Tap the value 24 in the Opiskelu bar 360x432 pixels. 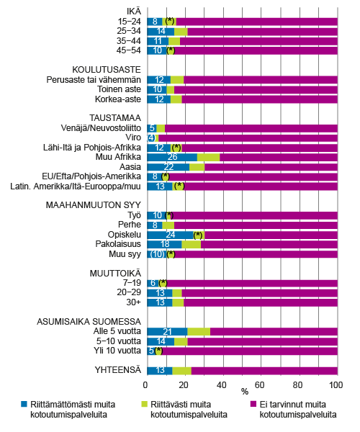(171, 235)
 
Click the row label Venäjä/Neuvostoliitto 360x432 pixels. (101, 127)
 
